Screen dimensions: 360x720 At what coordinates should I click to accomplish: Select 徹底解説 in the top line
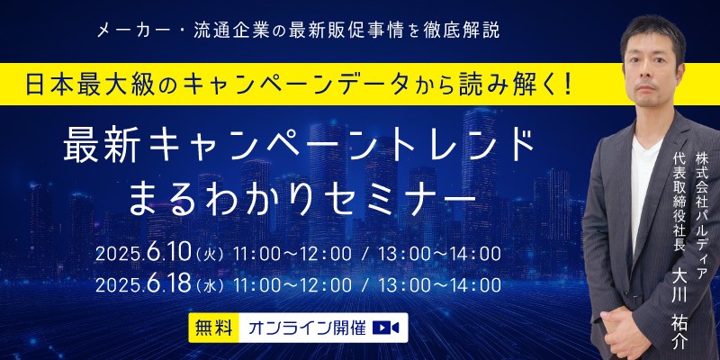467,29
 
